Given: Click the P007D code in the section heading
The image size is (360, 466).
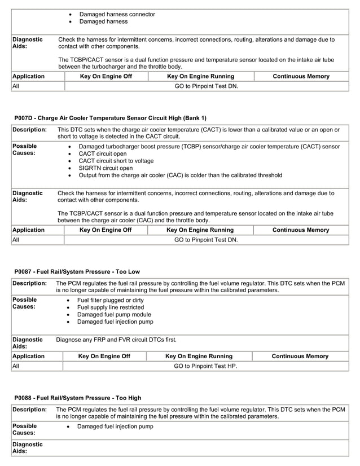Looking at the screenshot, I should [25, 118].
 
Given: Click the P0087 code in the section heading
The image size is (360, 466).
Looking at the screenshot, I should [25, 272].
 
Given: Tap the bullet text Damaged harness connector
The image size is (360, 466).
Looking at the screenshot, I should [117, 14].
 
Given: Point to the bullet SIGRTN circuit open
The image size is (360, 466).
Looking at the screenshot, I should [106, 168].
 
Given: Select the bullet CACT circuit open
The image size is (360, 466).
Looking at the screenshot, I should [103, 153].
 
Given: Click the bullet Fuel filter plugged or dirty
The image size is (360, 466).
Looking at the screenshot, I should [110, 300].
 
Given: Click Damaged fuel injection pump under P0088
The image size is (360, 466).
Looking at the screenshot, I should [115, 427].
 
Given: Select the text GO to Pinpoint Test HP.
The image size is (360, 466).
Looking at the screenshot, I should [205, 366].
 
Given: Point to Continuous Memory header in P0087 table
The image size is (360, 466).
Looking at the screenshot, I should [300, 356].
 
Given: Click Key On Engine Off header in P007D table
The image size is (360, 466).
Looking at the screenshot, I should [106, 230].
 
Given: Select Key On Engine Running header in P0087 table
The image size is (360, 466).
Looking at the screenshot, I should [199, 356].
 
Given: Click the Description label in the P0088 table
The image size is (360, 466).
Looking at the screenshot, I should [29, 410].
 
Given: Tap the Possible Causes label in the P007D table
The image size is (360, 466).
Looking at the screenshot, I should [24, 150].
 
